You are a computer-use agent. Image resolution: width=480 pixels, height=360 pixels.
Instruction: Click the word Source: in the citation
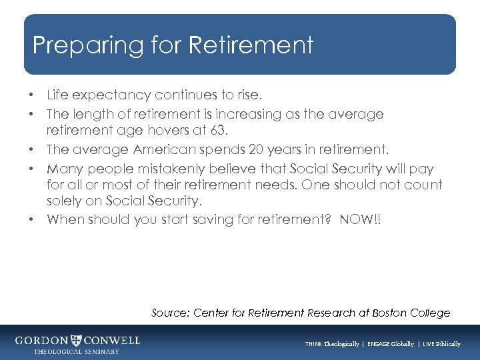(x=170, y=313)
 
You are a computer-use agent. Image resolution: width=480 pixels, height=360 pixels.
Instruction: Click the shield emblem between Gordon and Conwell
(x=77, y=340)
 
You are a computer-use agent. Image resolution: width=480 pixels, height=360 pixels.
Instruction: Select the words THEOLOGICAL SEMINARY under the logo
(x=77, y=351)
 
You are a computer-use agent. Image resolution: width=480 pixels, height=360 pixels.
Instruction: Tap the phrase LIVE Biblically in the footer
(x=439, y=344)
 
